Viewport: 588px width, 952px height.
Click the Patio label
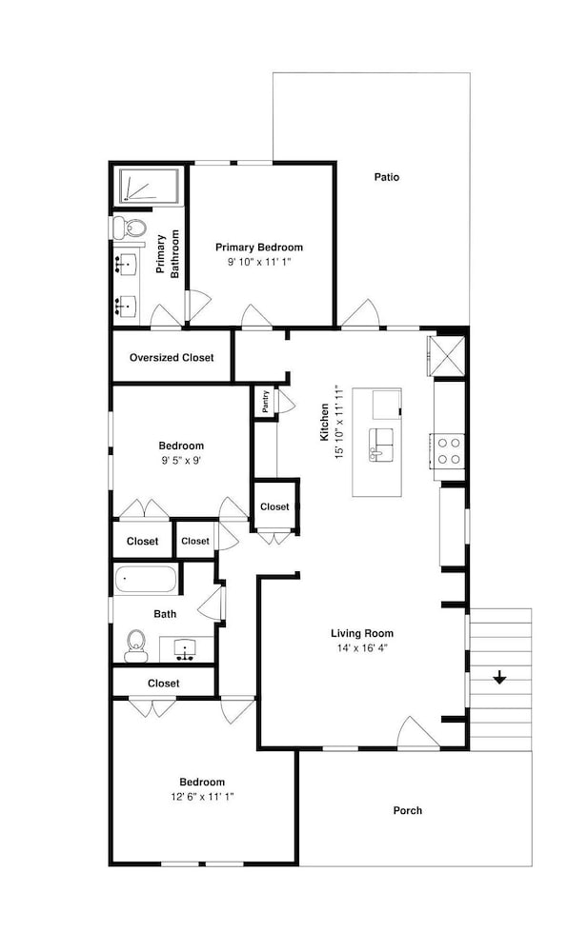pos(386,177)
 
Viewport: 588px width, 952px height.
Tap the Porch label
pos(407,811)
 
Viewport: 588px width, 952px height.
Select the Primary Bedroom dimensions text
pos(258,261)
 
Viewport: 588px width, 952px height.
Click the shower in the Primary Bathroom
pos(149,187)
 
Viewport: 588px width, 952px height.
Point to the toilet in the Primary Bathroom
pos(129,228)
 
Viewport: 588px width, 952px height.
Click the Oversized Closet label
pos(172,358)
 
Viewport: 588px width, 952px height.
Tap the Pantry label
pos(264,402)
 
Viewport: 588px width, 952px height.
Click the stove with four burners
pos(449,451)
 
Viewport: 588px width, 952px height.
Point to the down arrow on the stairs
pos(498,678)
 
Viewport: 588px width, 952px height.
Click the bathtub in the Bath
pos(146,579)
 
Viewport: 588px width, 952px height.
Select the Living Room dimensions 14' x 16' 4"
pos(361,647)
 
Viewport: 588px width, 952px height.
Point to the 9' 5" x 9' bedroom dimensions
pos(180,460)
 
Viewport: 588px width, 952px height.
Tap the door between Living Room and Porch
pos(418,733)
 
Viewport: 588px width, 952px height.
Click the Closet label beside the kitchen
pos(274,507)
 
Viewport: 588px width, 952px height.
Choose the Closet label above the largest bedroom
pos(163,683)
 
